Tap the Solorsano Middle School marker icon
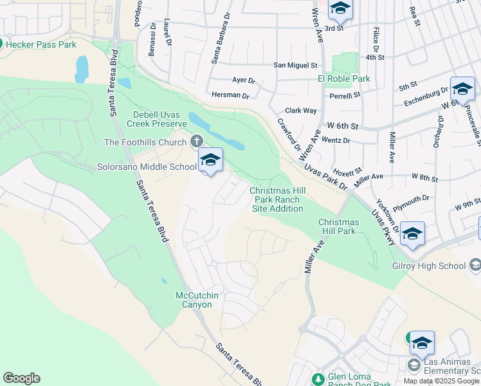210,161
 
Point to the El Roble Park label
344,78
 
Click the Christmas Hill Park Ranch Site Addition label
276,199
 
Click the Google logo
21,378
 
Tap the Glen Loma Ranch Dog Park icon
317,378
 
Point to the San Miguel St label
295,65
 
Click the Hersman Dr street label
230,95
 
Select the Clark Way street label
301,111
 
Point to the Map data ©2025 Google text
441,381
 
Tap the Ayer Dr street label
244,81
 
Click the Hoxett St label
349,170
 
